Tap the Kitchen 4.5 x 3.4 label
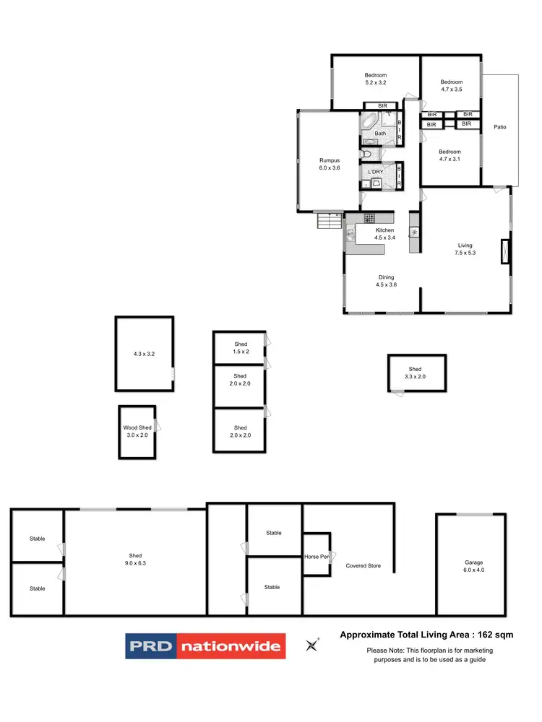384,234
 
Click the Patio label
500,127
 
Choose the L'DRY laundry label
375,171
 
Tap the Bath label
380,134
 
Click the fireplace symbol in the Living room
504,251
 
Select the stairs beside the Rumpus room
329,219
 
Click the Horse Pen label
317,557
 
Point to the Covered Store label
363,566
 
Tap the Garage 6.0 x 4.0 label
473,566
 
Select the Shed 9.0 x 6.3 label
136,560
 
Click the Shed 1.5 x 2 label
240,347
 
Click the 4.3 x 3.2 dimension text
144,354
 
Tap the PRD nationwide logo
206,645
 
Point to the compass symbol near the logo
313,645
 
